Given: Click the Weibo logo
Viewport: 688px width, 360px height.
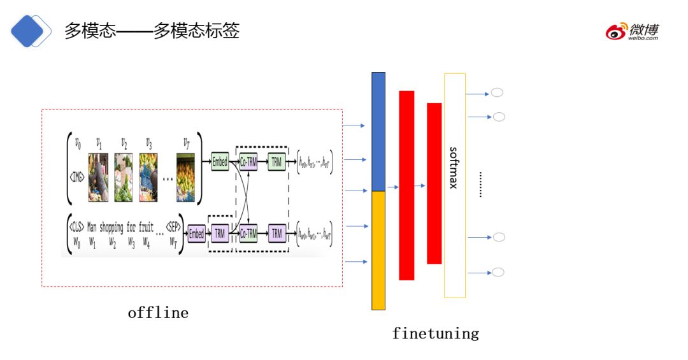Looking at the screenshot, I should (632, 31).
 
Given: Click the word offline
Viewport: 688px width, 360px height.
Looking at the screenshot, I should (158, 313).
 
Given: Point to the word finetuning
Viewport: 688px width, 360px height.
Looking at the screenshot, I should (435, 333).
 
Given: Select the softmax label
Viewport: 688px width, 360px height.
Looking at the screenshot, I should (454, 168).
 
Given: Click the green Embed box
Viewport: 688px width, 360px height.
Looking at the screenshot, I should (220, 162).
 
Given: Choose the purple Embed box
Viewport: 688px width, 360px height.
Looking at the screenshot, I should (196, 234).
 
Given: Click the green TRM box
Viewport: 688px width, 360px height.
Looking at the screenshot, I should (276, 162).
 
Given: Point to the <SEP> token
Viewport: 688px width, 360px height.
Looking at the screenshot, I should (173, 226).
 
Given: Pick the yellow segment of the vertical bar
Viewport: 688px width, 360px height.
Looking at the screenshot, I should (378, 250).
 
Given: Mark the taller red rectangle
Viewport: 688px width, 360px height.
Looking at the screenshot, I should (406, 185).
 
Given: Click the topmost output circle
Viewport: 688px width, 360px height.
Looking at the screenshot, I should (497, 92).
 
